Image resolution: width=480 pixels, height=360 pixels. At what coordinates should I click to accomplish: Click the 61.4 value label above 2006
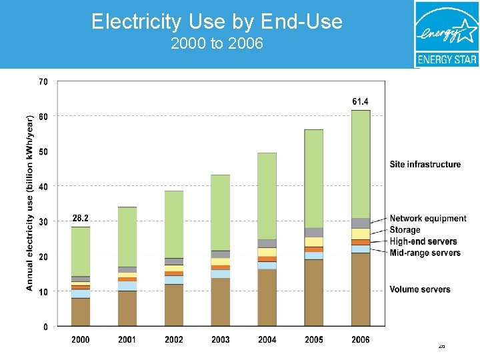(x=360, y=101)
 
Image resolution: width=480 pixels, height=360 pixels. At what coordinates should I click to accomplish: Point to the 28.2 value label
(x=80, y=218)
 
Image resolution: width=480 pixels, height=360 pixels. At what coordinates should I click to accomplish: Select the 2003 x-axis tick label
(x=221, y=339)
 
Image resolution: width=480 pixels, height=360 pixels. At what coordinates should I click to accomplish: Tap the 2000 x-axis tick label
(x=81, y=339)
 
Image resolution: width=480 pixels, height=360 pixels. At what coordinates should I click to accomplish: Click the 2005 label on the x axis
(x=314, y=339)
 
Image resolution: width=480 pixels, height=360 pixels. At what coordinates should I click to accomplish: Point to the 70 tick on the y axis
(x=43, y=81)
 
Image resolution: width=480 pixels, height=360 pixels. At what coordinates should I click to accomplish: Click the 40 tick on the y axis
(x=43, y=187)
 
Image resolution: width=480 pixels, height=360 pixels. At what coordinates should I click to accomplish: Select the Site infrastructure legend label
(x=425, y=164)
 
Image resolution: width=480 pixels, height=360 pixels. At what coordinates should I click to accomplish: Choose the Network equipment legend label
(x=428, y=219)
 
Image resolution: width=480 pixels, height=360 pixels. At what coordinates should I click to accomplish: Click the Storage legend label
(x=405, y=230)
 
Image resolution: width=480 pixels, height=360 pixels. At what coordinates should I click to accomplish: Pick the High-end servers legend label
(x=423, y=241)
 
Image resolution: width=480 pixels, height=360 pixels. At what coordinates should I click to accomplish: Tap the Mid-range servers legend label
(x=425, y=253)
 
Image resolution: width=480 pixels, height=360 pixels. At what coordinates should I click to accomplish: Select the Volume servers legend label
(x=420, y=289)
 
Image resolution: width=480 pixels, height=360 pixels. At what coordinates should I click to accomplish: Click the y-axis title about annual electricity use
(x=30, y=203)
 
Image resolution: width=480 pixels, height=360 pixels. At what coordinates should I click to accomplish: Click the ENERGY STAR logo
(x=446, y=33)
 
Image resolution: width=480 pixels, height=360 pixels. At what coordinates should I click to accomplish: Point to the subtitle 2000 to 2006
(x=217, y=44)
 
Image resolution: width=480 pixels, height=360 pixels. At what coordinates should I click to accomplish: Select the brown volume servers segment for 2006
(x=361, y=289)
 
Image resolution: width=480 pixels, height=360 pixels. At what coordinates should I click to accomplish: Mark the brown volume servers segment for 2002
(x=174, y=305)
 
